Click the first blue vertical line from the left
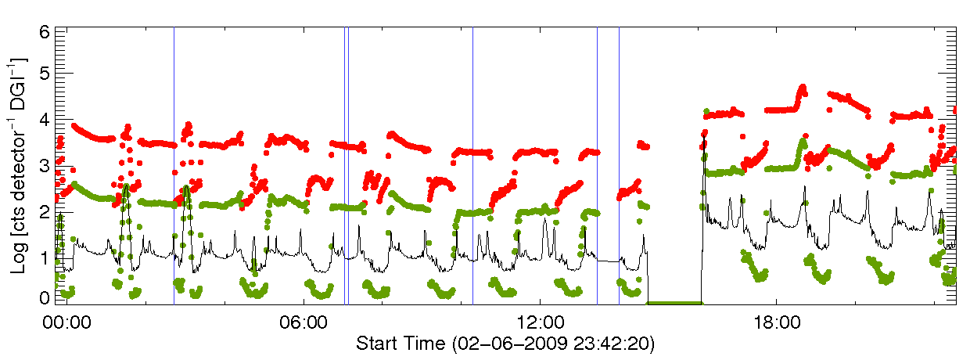(174, 157)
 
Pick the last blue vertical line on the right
(619, 157)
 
